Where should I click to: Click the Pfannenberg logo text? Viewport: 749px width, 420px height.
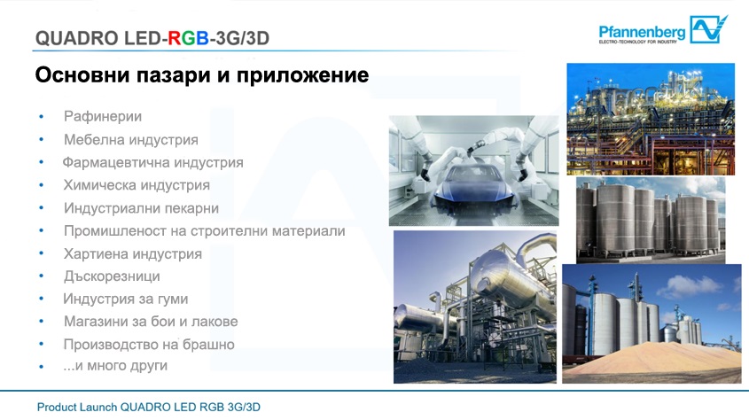[x=642, y=32]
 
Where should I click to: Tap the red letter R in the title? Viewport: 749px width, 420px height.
[x=175, y=38]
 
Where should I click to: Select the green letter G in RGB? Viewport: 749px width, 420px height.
[x=189, y=38]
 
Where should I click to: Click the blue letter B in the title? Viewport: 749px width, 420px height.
[x=202, y=38]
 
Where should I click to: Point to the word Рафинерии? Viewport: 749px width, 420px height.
[x=103, y=116]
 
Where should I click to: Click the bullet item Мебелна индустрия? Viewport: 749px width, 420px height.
[x=131, y=140]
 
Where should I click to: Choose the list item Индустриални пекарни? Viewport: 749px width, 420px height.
[x=142, y=208]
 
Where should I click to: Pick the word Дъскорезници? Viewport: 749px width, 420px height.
[x=112, y=276]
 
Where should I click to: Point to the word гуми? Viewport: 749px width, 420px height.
[x=173, y=299]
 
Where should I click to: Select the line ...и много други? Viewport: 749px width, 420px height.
[x=115, y=366]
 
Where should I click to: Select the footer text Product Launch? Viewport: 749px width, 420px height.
[x=77, y=407]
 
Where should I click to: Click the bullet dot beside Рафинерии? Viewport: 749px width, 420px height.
[x=42, y=116]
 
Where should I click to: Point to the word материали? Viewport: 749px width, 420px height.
[x=308, y=231]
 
